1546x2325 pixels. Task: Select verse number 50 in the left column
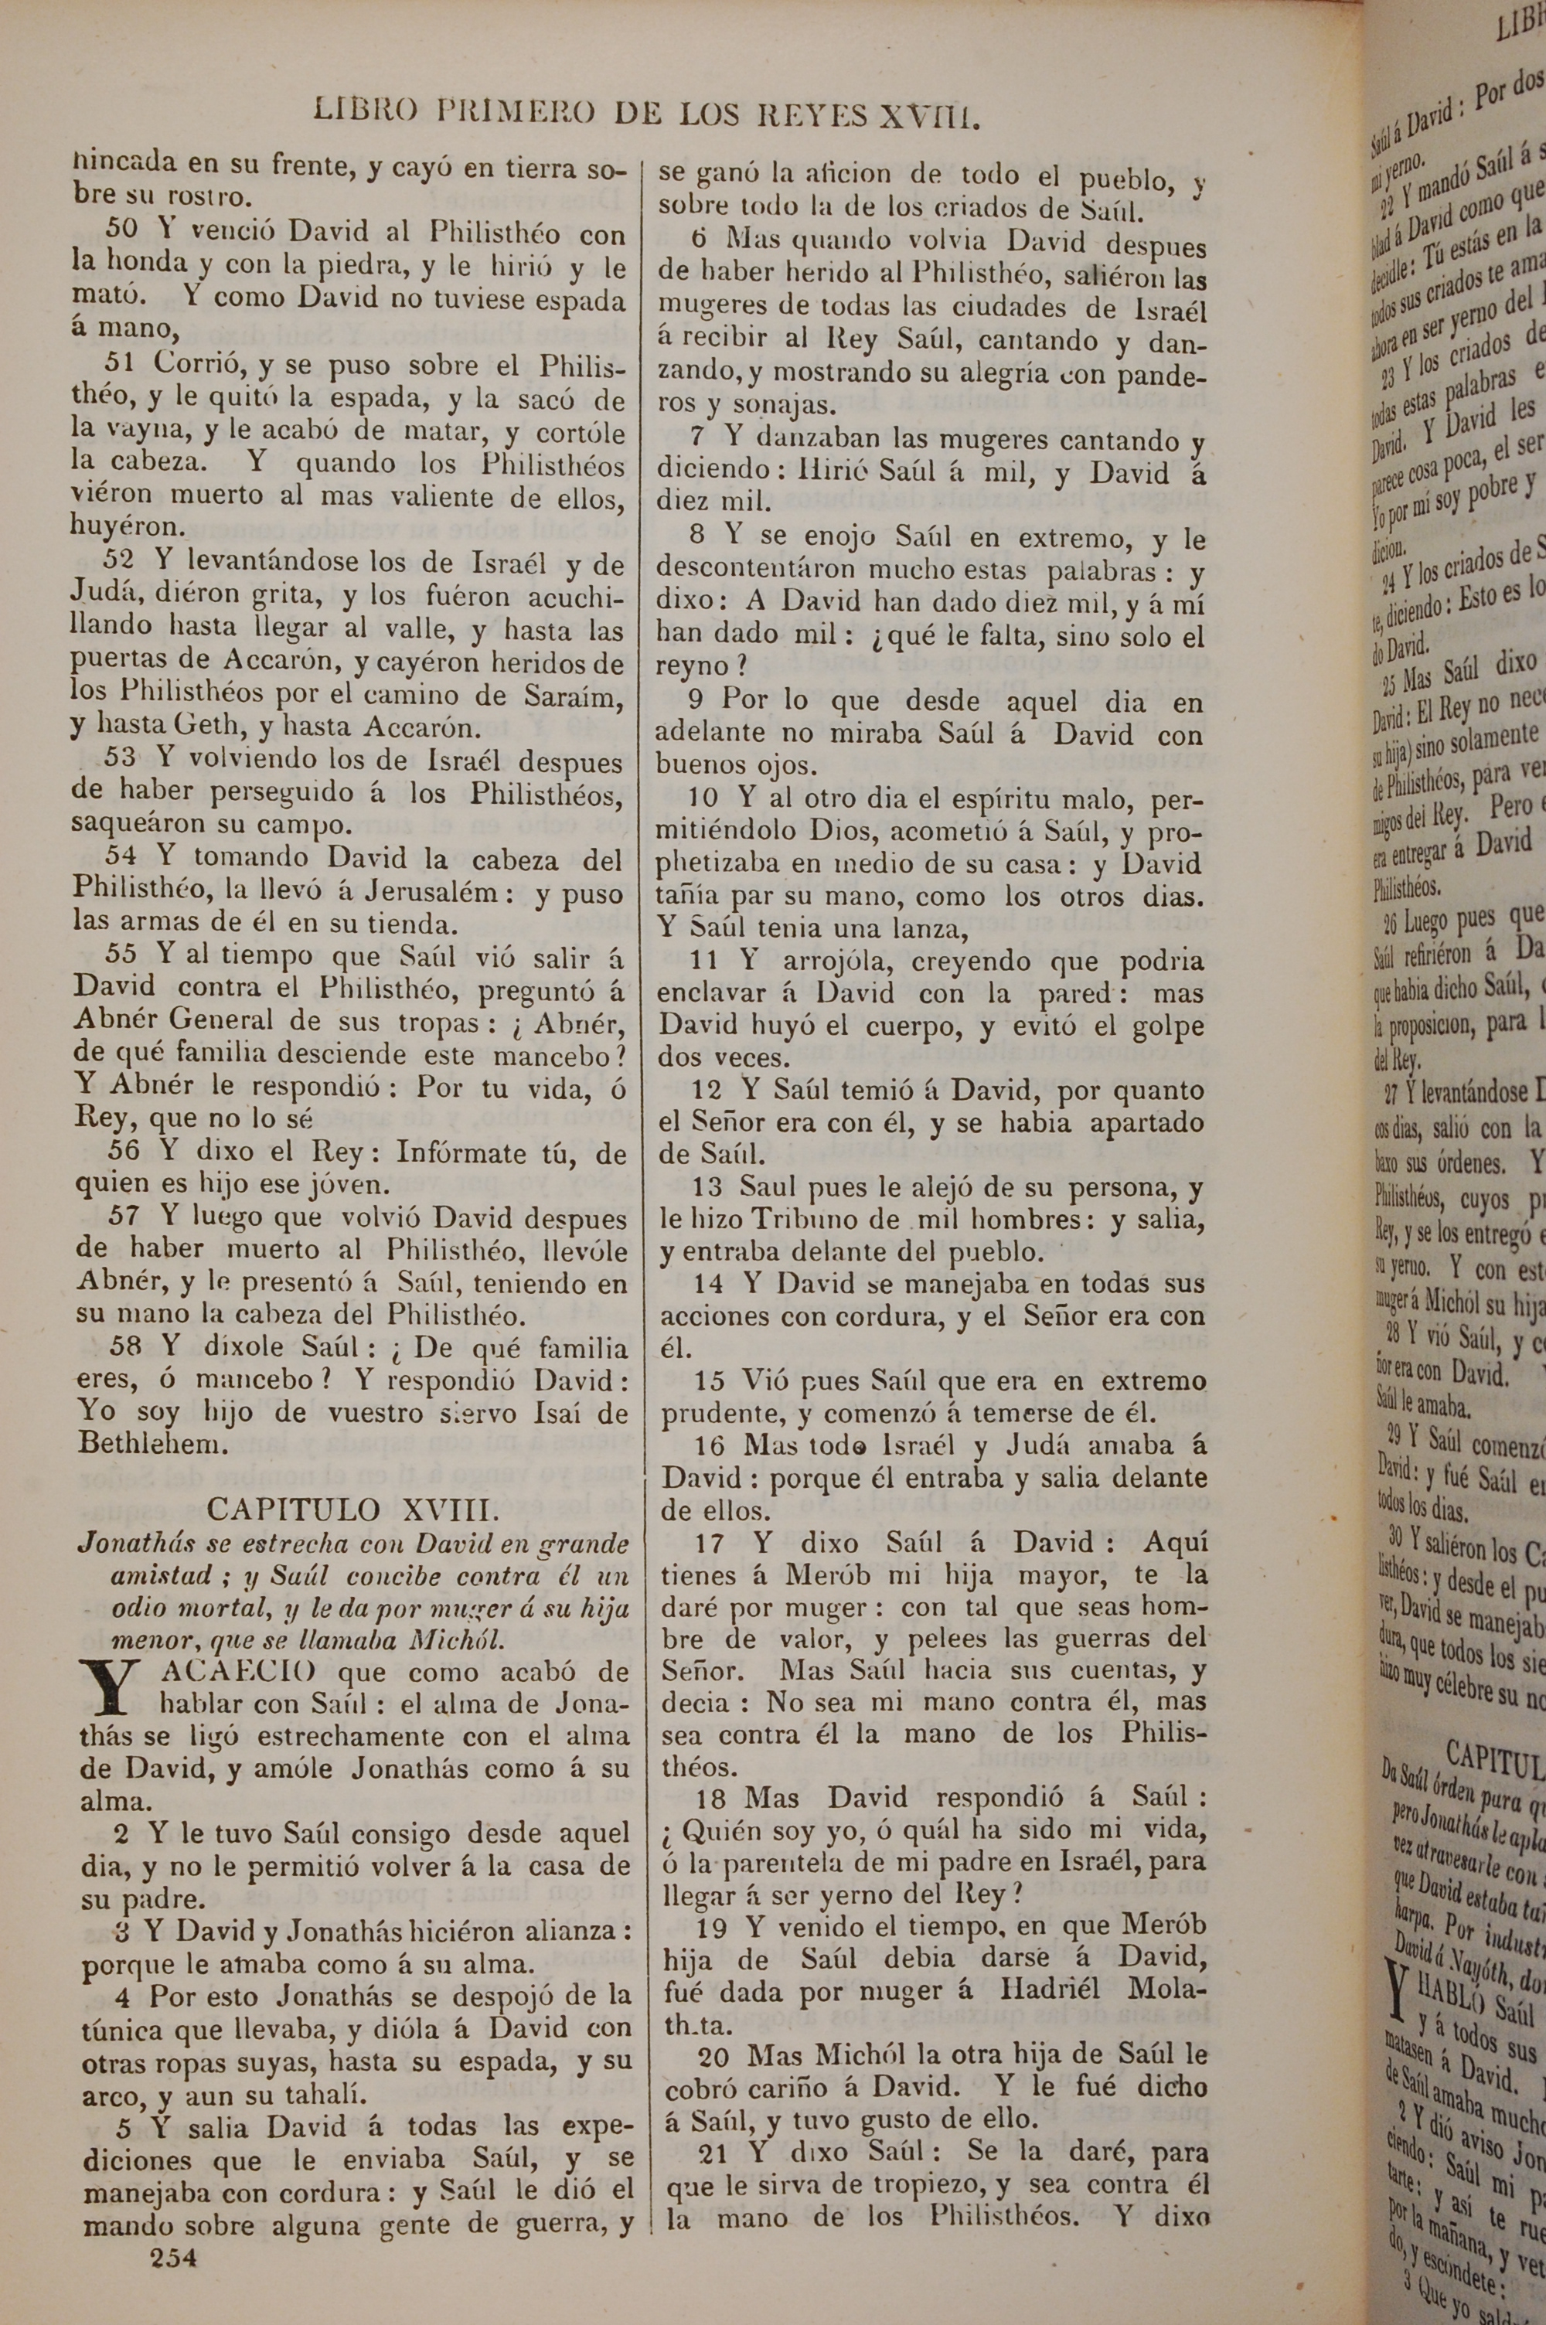click(x=121, y=230)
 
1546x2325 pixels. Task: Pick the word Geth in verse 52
click(x=206, y=727)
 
